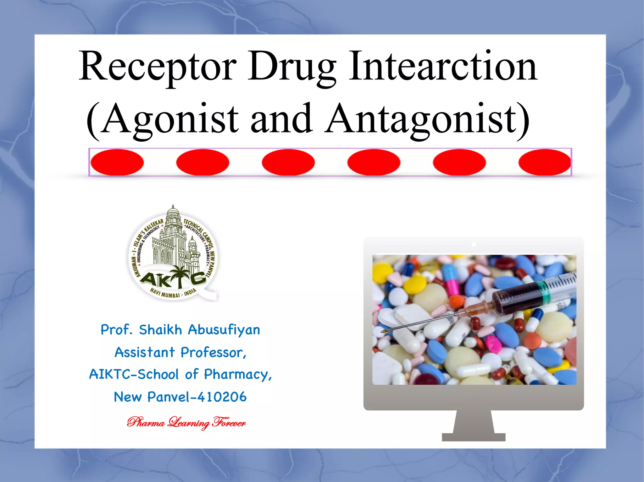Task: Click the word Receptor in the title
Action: [157, 67]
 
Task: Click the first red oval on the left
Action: [117, 162]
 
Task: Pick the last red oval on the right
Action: [544, 162]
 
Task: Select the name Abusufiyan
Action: [224, 330]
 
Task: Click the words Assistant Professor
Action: [180, 353]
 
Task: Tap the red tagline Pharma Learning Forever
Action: [186, 423]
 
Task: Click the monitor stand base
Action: [473, 437]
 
